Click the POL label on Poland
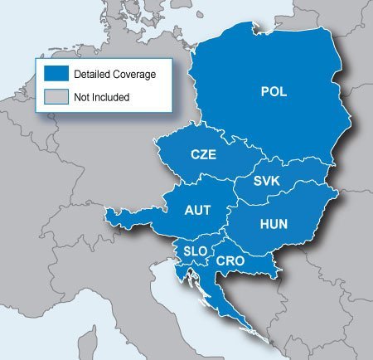[274, 92]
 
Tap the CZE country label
[204, 154]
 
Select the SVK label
[267, 181]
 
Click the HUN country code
[274, 224]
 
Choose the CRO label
[229, 261]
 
